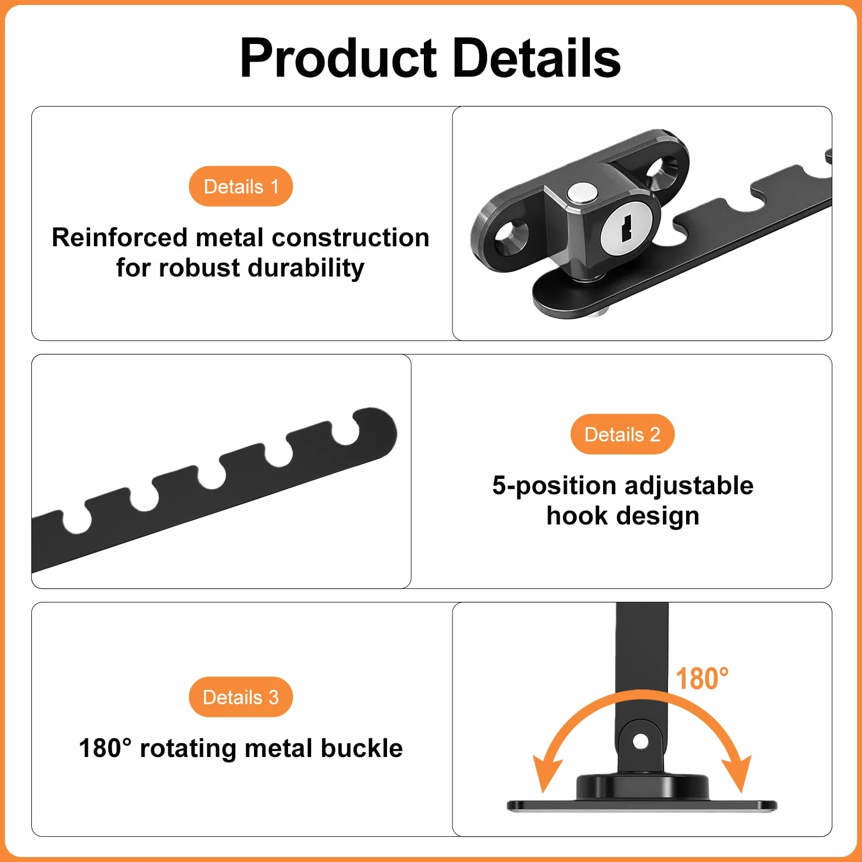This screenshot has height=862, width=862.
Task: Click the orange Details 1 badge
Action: click(x=241, y=186)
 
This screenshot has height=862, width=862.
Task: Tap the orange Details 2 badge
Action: click(x=622, y=434)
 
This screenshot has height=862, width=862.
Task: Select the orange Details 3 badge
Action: click(x=241, y=697)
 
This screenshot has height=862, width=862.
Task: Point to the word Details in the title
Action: click(x=536, y=58)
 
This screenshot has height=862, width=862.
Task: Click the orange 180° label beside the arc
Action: click(x=702, y=678)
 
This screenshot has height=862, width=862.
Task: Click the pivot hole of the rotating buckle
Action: click(x=640, y=742)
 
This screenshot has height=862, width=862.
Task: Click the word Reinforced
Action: click(x=120, y=237)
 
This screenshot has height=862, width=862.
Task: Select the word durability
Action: click(x=306, y=268)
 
